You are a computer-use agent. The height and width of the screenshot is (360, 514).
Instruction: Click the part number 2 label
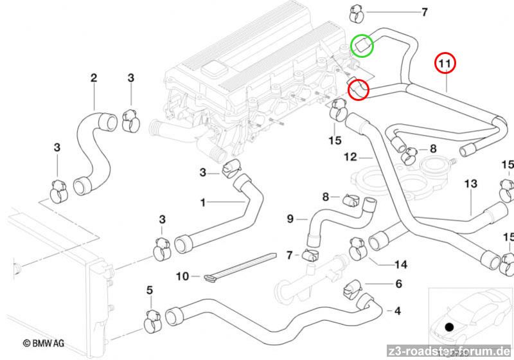tap(94, 78)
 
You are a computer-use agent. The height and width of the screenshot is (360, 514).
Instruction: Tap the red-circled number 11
tap(445, 64)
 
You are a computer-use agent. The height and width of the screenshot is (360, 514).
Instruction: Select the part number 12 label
tap(350, 156)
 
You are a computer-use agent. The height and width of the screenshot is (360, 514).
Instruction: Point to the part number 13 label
tap(471, 184)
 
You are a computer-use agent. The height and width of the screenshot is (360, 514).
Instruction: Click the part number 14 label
tap(401, 264)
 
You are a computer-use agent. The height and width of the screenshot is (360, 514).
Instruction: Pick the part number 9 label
tap(290, 219)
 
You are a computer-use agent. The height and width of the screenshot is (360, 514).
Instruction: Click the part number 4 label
tap(398, 312)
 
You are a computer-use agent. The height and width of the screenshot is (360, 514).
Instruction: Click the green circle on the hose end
tap(363, 45)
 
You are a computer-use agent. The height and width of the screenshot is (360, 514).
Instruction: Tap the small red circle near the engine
tap(359, 89)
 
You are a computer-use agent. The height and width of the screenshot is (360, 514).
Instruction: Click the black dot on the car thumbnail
tap(449, 327)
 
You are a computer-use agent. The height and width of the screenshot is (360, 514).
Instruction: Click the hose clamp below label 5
tap(152, 319)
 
